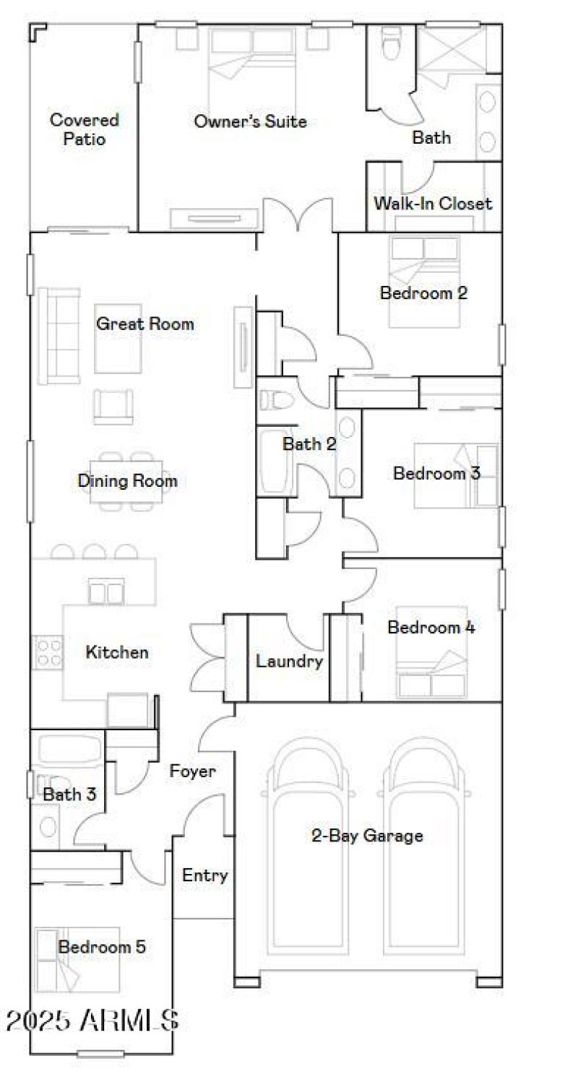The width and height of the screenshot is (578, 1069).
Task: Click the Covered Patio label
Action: click(x=84, y=129)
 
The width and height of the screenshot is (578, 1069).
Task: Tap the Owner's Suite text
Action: click(x=250, y=121)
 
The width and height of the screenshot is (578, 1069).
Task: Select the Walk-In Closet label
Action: click(x=432, y=204)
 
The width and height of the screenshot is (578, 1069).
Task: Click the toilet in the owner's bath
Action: click(x=390, y=43)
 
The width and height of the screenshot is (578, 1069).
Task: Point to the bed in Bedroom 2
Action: click(x=423, y=282)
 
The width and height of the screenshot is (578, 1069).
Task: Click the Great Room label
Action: click(x=145, y=324)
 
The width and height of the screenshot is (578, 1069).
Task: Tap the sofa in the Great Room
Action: click(x=59, y=335)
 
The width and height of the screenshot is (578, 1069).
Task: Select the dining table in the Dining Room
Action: click(x=127, y=480)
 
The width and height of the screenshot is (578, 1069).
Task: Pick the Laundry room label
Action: click(x=289, y=661)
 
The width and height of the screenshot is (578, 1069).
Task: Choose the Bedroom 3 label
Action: click(x=436, y=474)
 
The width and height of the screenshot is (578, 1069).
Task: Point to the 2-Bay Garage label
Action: click(x=367, y=836)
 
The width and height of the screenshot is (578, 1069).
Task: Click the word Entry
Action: click(x=204, y=875)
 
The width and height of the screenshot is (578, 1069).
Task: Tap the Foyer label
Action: click(x=192, y=771)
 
